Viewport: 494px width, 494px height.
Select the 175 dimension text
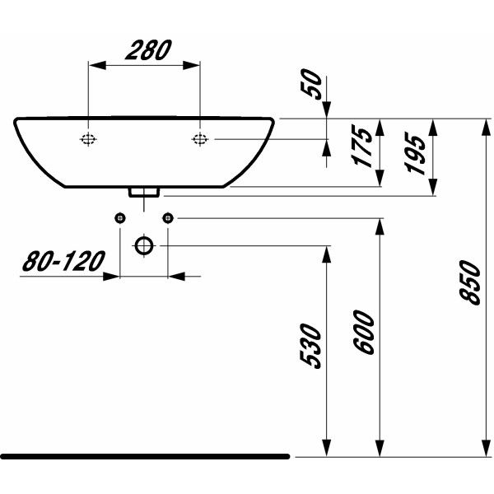363,147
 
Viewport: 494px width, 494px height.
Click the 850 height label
469,282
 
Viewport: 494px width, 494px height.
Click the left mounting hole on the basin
88,139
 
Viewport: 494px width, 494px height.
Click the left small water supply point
120,217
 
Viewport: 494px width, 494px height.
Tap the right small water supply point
168,217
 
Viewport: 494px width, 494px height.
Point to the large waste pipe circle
144,245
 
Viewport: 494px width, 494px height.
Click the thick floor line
144,455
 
